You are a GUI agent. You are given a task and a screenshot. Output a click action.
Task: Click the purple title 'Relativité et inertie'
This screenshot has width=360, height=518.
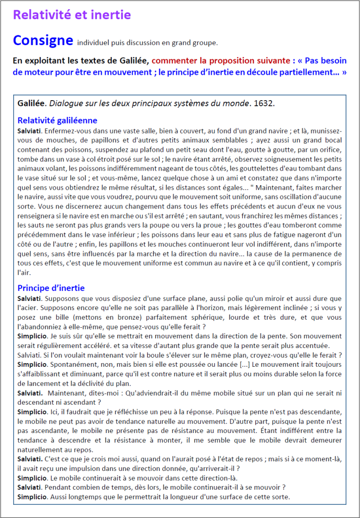point(72,15)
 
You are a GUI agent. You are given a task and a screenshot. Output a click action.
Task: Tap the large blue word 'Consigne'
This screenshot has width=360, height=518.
point(43,40)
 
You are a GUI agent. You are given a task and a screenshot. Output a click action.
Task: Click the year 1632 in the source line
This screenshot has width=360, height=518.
point(265,103)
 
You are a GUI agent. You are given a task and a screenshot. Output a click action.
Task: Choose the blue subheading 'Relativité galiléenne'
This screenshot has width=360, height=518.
point(57,120)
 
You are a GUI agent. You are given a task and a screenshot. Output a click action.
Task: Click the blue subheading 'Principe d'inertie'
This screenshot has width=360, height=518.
point(51,288)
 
